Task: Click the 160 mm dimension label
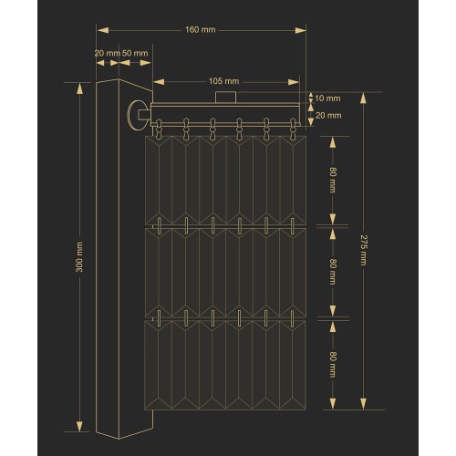click(201, 30)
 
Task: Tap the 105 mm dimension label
click(223, 81)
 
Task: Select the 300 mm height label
click(79, 257)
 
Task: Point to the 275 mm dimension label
click(363, 250)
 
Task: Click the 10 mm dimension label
click(327, 98)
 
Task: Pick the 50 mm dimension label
click(135, 53)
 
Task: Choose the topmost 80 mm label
click(333, 180)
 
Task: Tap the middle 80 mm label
click(333, 272)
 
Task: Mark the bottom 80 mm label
click(333, 365)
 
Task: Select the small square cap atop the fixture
click(226, 98)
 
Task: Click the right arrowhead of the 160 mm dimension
click(300, 30)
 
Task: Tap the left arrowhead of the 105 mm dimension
click(159, 82)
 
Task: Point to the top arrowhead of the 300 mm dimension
click(79, 88)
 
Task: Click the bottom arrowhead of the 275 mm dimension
click(363, 404)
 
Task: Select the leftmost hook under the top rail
click(158, 129)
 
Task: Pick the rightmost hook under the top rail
click(293, 129)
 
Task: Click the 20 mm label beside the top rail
click(328, 116)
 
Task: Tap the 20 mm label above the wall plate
click(108, 53)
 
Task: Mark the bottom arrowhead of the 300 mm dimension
click(79, 426)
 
